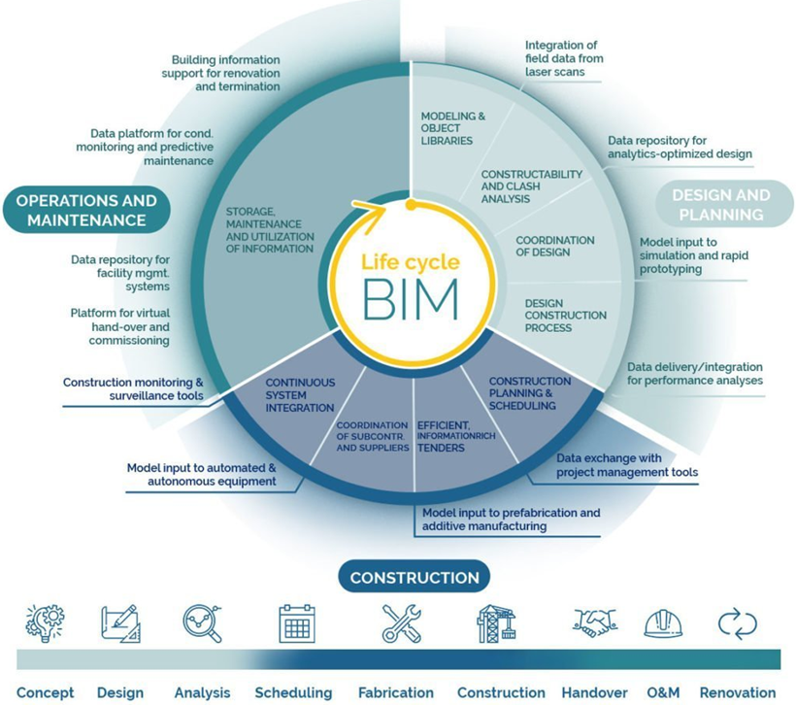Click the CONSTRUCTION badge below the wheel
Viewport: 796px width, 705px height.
point(414,578)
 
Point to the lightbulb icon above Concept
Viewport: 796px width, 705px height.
point(44,622)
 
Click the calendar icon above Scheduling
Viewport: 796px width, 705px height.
point(297,623)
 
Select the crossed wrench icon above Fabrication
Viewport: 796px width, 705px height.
point(401,623)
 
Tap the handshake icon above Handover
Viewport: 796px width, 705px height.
point(595,623)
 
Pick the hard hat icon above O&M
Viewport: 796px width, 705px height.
point(662,623)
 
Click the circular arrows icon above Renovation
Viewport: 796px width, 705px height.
point(737,623)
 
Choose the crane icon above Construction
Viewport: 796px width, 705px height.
point(496,623)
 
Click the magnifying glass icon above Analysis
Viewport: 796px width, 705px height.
point(202,623)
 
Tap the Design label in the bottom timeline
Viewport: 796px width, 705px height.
point(120,692)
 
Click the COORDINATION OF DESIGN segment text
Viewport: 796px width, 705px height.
point(555,247)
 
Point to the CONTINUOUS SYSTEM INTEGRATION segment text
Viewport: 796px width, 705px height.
point(300,395)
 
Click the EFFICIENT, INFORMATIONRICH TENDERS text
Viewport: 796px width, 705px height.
point(455,436)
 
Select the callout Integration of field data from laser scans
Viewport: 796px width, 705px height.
point(562,58)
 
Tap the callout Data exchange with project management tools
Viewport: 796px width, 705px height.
point(626,465)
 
